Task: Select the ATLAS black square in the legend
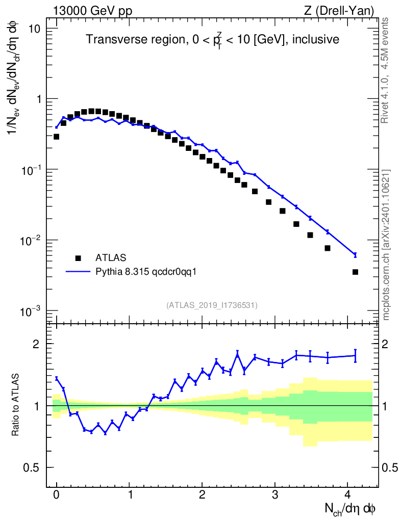coord(78,258)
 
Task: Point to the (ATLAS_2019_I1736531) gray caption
coord(212,305)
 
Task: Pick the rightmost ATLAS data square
coord(355,272)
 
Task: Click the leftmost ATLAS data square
coord(57,137)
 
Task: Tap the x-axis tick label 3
coord(275,494)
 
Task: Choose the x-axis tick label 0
coord(57,494)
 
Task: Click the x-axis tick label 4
coord(348,494)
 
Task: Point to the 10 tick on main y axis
coord(34,28)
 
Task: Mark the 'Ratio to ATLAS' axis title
coord(16,406)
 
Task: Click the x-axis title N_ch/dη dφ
coord(350,508)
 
